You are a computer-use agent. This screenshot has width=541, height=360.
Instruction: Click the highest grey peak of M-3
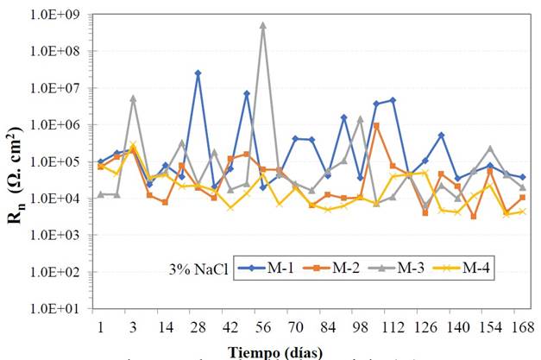pos(263,25)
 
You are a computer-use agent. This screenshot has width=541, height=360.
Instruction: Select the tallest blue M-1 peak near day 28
pos(198,73)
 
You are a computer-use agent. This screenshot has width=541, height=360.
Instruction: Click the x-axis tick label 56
pos(263,326)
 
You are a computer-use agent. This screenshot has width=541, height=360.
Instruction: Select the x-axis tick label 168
pos(522,326)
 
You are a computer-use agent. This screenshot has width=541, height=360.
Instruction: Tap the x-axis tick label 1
pos(101,326)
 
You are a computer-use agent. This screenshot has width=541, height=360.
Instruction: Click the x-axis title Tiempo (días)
pos(275,351)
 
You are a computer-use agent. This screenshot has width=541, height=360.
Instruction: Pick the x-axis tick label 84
pos(328,326)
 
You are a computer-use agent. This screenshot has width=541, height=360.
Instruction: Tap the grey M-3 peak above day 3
pos(133,98)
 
